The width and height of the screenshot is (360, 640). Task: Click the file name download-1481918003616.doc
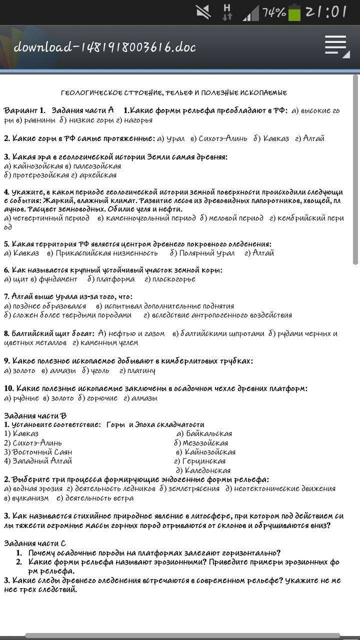(104, 47)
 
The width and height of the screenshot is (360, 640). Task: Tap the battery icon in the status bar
(294, 12)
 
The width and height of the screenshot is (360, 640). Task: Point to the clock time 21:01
(326, 12)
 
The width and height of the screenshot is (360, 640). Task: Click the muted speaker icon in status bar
(203, 12)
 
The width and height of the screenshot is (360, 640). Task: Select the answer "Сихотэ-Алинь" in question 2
(222, 138)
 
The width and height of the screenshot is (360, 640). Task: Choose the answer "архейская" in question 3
(98, 175)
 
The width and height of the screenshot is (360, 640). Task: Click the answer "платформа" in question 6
(115, 279)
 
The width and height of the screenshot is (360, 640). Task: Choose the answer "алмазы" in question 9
(62, 370)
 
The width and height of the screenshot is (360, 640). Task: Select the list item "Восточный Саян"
(38, 452)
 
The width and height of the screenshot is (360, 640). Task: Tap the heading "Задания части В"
(35, 415)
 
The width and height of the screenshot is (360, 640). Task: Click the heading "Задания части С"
(35, 543)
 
